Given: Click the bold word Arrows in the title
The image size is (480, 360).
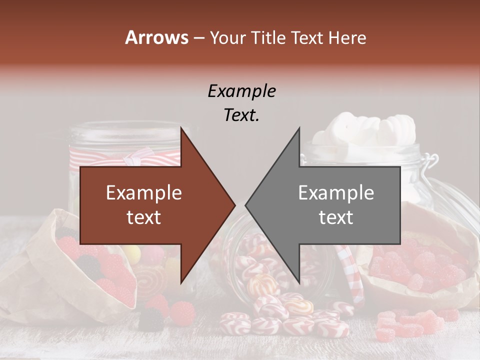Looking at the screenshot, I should (x=156, y=37).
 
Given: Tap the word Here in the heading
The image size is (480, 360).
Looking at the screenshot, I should (x=347, y=38).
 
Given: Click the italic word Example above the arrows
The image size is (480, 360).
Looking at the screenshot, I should (x=241, y=91).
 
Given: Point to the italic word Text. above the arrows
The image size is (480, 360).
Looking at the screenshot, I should (x=241, y=115).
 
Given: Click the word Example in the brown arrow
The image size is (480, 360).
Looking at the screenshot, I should (x=143, y=193).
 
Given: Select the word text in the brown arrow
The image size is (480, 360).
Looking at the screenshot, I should (x=143, y=217).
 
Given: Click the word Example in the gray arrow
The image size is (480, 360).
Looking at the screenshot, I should (x=336, y=193).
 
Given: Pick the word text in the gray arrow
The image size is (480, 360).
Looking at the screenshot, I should (x=336, y=217).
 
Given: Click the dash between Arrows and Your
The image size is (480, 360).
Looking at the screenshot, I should (x=198, y=38).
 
